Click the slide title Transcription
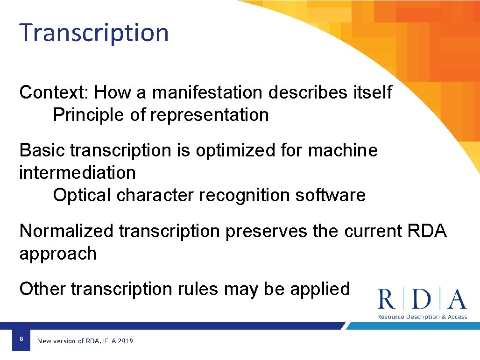pyautogui.click(x=94, y=33)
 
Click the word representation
pyautogui.click(x=210, y=115)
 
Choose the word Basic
pyautogui.click(x=42, y=150)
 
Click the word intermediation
pyautogui.click(x=78, y=173)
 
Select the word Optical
pyautogui.click(x=82, y=195)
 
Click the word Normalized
pyautogui.click(x=66, y=231)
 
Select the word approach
pyautogui.click(x=58, y=254)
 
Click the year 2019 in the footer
pyautogui.click(x=125, y=341)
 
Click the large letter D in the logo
pyautogui.click(x=422, y=299)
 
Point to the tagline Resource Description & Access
pyautogui.click(x=422, y=317)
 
